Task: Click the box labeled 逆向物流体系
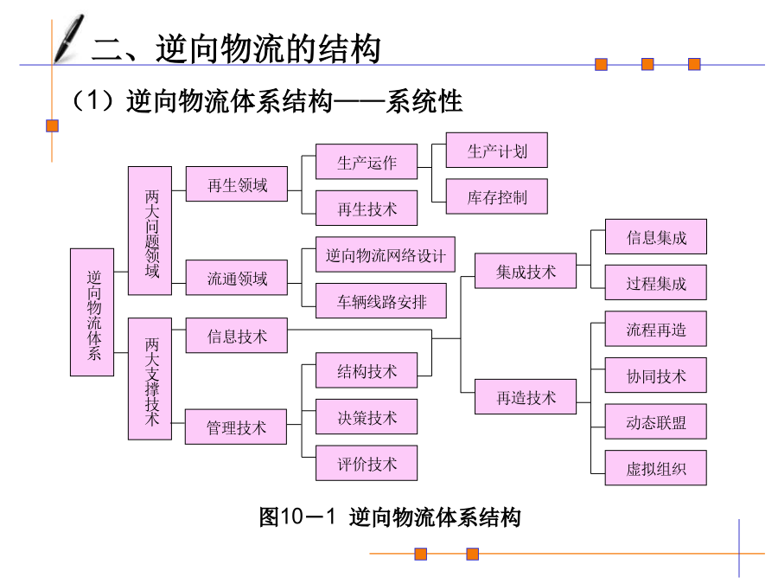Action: click(92, 312)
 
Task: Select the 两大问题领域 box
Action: click(150, 230)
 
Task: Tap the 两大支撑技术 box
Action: click(150, 378)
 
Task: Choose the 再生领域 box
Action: click(237, 184)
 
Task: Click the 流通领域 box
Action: click(237, 278)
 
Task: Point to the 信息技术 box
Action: click(237, 336)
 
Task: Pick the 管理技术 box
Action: click(236, 427)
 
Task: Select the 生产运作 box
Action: click(367, 162)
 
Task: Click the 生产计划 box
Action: click(497, 151)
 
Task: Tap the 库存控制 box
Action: click(497, 196)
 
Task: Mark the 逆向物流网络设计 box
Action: click(386, 255)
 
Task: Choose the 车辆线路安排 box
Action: click(382, 302)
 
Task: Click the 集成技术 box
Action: click(526, 271)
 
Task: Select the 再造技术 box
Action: click(526, 397)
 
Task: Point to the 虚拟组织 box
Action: click(656, 468)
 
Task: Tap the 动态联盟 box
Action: click(656, 421)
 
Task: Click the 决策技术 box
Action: click(367, 417)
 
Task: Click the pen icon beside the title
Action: click(67, 38)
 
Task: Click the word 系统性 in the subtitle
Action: click(425, 102)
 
